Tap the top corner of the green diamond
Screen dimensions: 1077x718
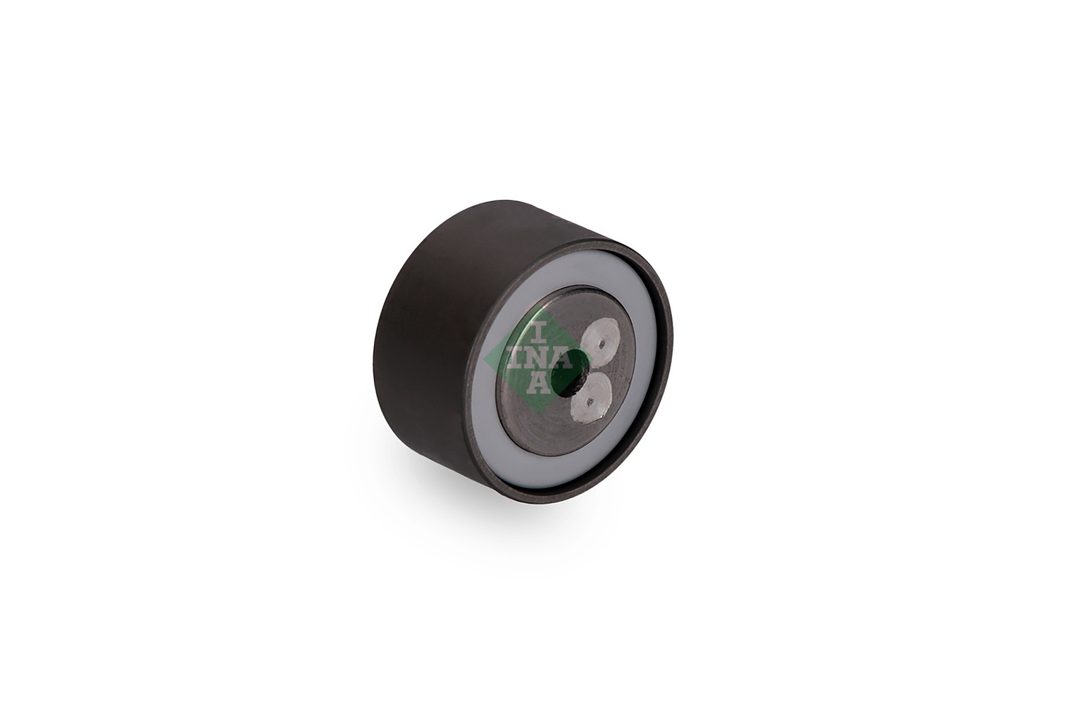(538, 305)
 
